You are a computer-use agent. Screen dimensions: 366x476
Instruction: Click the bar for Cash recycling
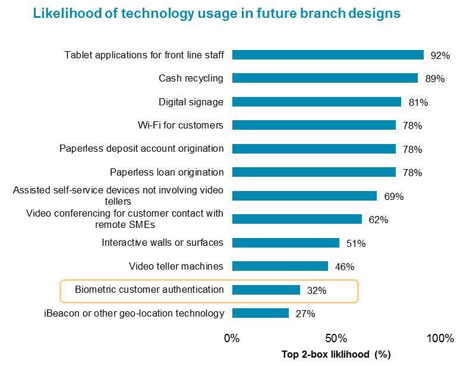tap(324, 78)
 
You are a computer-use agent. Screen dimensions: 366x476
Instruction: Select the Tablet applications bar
tap(327, 55)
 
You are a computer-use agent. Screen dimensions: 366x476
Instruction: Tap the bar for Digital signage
tap(316, 102)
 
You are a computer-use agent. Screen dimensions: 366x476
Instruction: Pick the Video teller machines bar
tap(280, 266)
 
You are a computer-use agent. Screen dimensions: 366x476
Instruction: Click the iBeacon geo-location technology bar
tap(260, 313)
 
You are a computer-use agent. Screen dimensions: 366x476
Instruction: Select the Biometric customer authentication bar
tap(266, 290)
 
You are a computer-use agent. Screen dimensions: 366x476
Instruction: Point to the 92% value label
tap(440, 55)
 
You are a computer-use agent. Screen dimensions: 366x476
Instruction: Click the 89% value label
tap(435, 79)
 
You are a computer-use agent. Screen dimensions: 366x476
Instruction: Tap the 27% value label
tap(305, 314)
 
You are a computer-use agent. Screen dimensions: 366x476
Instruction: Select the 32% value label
tap(316, 291)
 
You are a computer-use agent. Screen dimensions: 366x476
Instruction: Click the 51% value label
tap(355, 243)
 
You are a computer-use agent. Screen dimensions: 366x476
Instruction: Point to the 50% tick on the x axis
tap(336, 339)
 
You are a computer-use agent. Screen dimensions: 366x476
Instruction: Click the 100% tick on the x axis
tap(440, 339)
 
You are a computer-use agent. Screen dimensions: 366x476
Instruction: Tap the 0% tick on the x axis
tap(232, 339)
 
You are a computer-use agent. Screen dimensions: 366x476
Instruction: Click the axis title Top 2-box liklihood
tap(336, 355)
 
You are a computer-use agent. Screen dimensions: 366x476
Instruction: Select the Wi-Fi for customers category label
tap(180, 125)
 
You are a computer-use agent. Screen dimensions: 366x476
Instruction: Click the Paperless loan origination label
tap(167, 172)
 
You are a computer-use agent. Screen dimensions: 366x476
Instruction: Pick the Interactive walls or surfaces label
tap(162, 242)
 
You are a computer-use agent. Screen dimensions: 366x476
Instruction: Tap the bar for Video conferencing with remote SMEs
tap(297, 219)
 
